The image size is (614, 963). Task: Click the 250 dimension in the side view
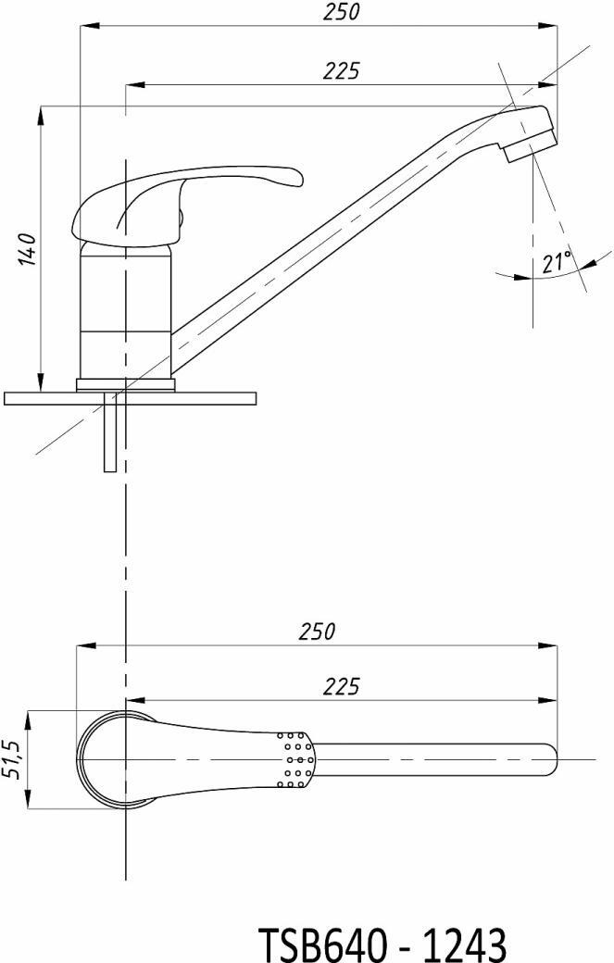tap(342, 12)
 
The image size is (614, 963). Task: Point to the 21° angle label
tap(557, 262)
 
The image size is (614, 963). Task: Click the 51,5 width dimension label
tap(15, 759)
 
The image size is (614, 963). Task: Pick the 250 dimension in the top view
tap(318, 632)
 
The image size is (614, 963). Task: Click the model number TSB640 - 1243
tap(383, 943)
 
